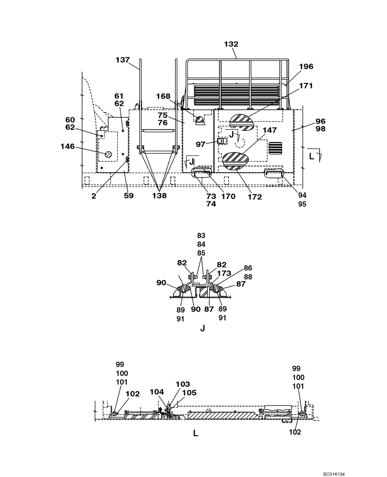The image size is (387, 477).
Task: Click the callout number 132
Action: click(231, 44)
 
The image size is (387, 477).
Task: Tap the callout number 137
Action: click(122, 60)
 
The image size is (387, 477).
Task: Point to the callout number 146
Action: click(67, 146)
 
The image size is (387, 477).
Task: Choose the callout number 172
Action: click(255, 197)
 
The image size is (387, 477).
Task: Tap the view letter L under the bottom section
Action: click(195, 434)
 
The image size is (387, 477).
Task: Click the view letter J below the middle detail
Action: click(203, 328)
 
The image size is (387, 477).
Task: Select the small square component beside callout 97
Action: click(221, 141)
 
